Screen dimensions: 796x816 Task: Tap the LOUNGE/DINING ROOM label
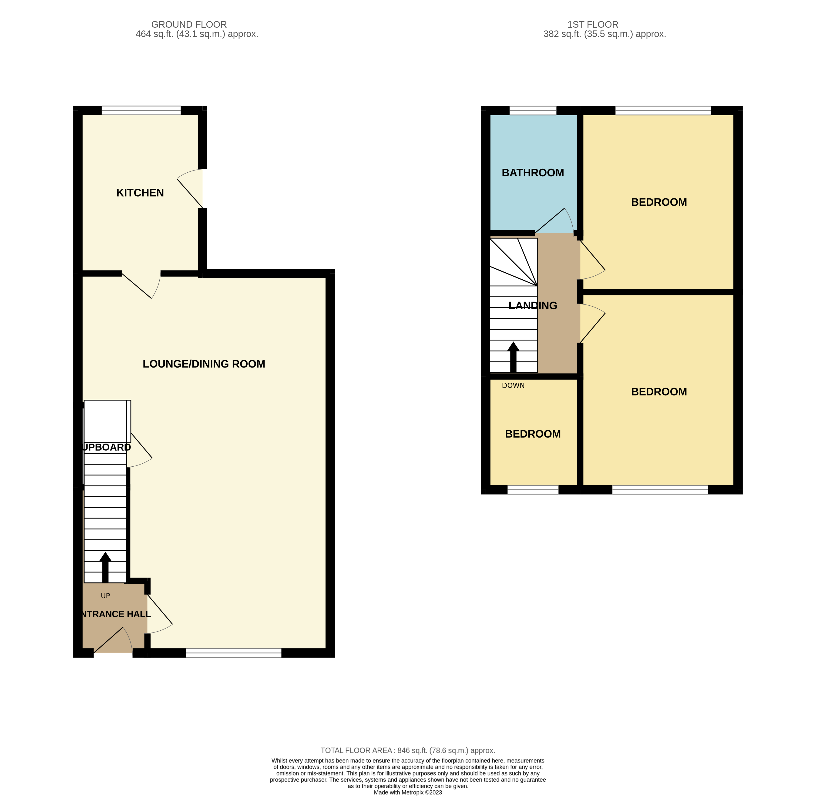pos(204,364)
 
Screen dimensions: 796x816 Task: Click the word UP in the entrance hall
pos(105,596)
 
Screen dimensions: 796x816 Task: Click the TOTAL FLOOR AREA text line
pos(408,750)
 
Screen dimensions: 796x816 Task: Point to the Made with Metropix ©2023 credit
pos(408,792)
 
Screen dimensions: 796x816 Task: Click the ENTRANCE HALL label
pos(115,614)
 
